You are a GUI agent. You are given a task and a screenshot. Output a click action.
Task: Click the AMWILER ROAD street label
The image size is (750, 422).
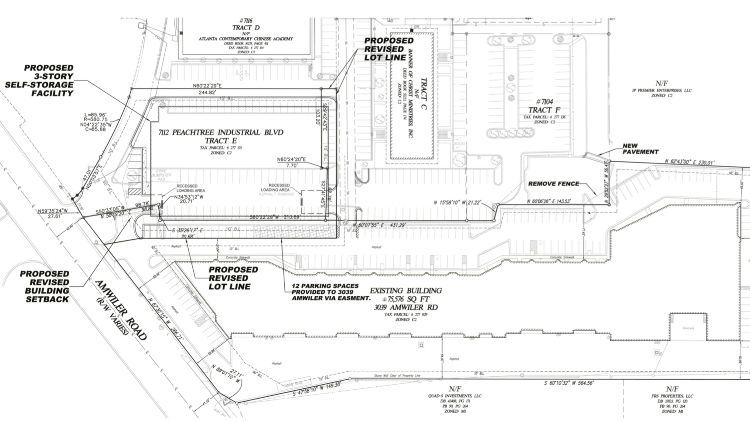(121, 310)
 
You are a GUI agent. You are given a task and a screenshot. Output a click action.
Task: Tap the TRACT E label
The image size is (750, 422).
(221, 141)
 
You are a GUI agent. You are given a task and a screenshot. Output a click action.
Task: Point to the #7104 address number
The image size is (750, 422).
(544, 102)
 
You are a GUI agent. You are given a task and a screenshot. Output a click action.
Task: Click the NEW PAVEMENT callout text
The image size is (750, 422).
(640, 149)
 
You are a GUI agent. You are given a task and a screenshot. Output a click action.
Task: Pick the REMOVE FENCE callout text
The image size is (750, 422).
(554, 184)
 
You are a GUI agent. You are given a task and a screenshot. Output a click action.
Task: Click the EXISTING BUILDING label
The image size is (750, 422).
(406, 291)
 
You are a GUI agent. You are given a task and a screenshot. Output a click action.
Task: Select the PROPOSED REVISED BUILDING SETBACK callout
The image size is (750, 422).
(45, 287)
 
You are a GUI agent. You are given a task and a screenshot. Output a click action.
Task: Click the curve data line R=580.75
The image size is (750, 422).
(96, 119)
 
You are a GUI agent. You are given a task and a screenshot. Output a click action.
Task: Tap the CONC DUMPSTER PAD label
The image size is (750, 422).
(161, 175)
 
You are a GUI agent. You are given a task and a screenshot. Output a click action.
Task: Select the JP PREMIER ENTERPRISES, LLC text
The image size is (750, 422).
(662, 91)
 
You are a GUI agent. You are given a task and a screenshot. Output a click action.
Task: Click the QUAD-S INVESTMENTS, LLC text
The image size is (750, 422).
(455, 396)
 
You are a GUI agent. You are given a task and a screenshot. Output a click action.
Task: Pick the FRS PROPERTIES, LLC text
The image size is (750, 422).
(672, 396)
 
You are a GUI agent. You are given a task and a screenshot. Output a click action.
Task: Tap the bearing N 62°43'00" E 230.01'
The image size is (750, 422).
(689, 162)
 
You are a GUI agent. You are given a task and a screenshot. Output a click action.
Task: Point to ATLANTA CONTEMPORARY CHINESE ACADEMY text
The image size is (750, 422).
(246, 39)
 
